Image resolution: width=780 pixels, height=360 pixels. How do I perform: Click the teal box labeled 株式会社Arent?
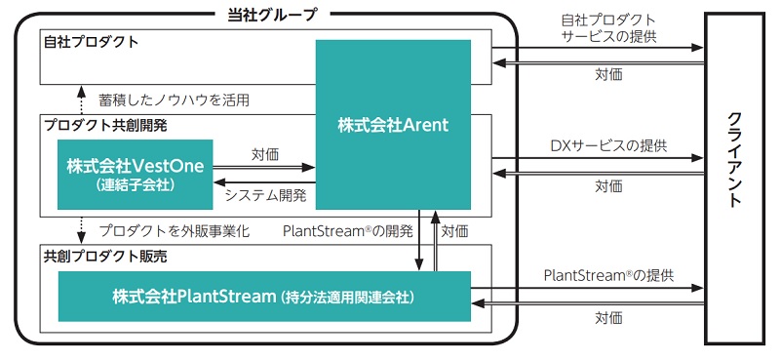pyautogui.click(x=393, y=124)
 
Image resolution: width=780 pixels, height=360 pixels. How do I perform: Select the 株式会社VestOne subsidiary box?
pyautogui.click(x=135, y=174)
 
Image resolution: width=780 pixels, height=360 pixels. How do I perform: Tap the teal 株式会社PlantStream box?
pyautogui.click(x=264, y=296)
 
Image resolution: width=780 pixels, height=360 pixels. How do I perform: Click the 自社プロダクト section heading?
pyautogui.click(x=91, y=42)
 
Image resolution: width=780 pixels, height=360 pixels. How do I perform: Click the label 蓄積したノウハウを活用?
pyautogui.click(x=174, y=100)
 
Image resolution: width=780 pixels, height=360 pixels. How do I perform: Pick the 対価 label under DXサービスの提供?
pyautogui.click(x=608, y=185)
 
